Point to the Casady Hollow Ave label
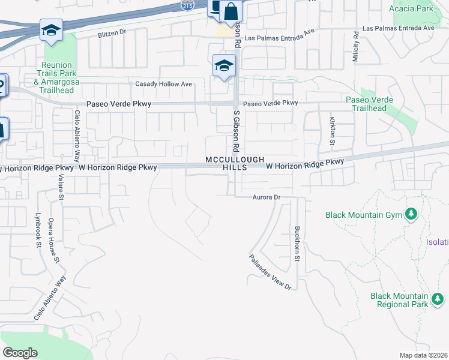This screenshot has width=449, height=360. click(x=164, y=84)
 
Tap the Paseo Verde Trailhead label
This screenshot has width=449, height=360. click(x=370, y=104)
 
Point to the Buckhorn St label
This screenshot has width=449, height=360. click(x=297, y=244)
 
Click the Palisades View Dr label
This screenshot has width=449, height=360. click(x=271, y=272)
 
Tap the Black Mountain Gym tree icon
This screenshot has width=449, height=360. click(x=411, y=214)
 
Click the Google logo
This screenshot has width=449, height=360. click(x=20, y=353)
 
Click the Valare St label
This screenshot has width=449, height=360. click(x=61, y=183)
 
